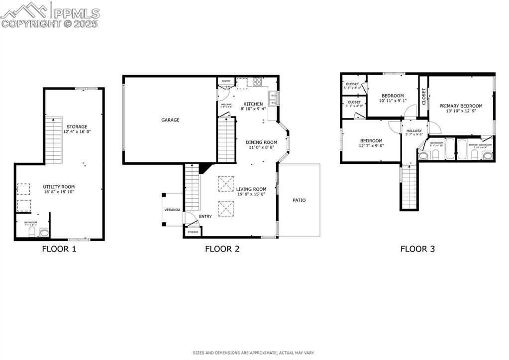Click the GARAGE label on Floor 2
click(170, 120)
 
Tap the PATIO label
click(299, 200)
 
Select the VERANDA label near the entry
click(172, 210)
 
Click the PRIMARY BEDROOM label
click(461, 106)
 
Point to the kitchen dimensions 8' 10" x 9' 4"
click(253, 109)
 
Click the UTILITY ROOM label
click(59, 187)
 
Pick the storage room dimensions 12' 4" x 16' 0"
click(77, 131)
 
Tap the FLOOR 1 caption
click(59, 249)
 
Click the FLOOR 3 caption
click(417, 249)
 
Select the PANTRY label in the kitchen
click(226, 81)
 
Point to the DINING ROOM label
click(261, 142)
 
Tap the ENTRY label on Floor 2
click(205, 216)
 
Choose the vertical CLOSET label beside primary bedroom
click(424, 96)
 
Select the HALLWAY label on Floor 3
click(414, 131)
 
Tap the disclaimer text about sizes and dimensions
click(254, 353)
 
